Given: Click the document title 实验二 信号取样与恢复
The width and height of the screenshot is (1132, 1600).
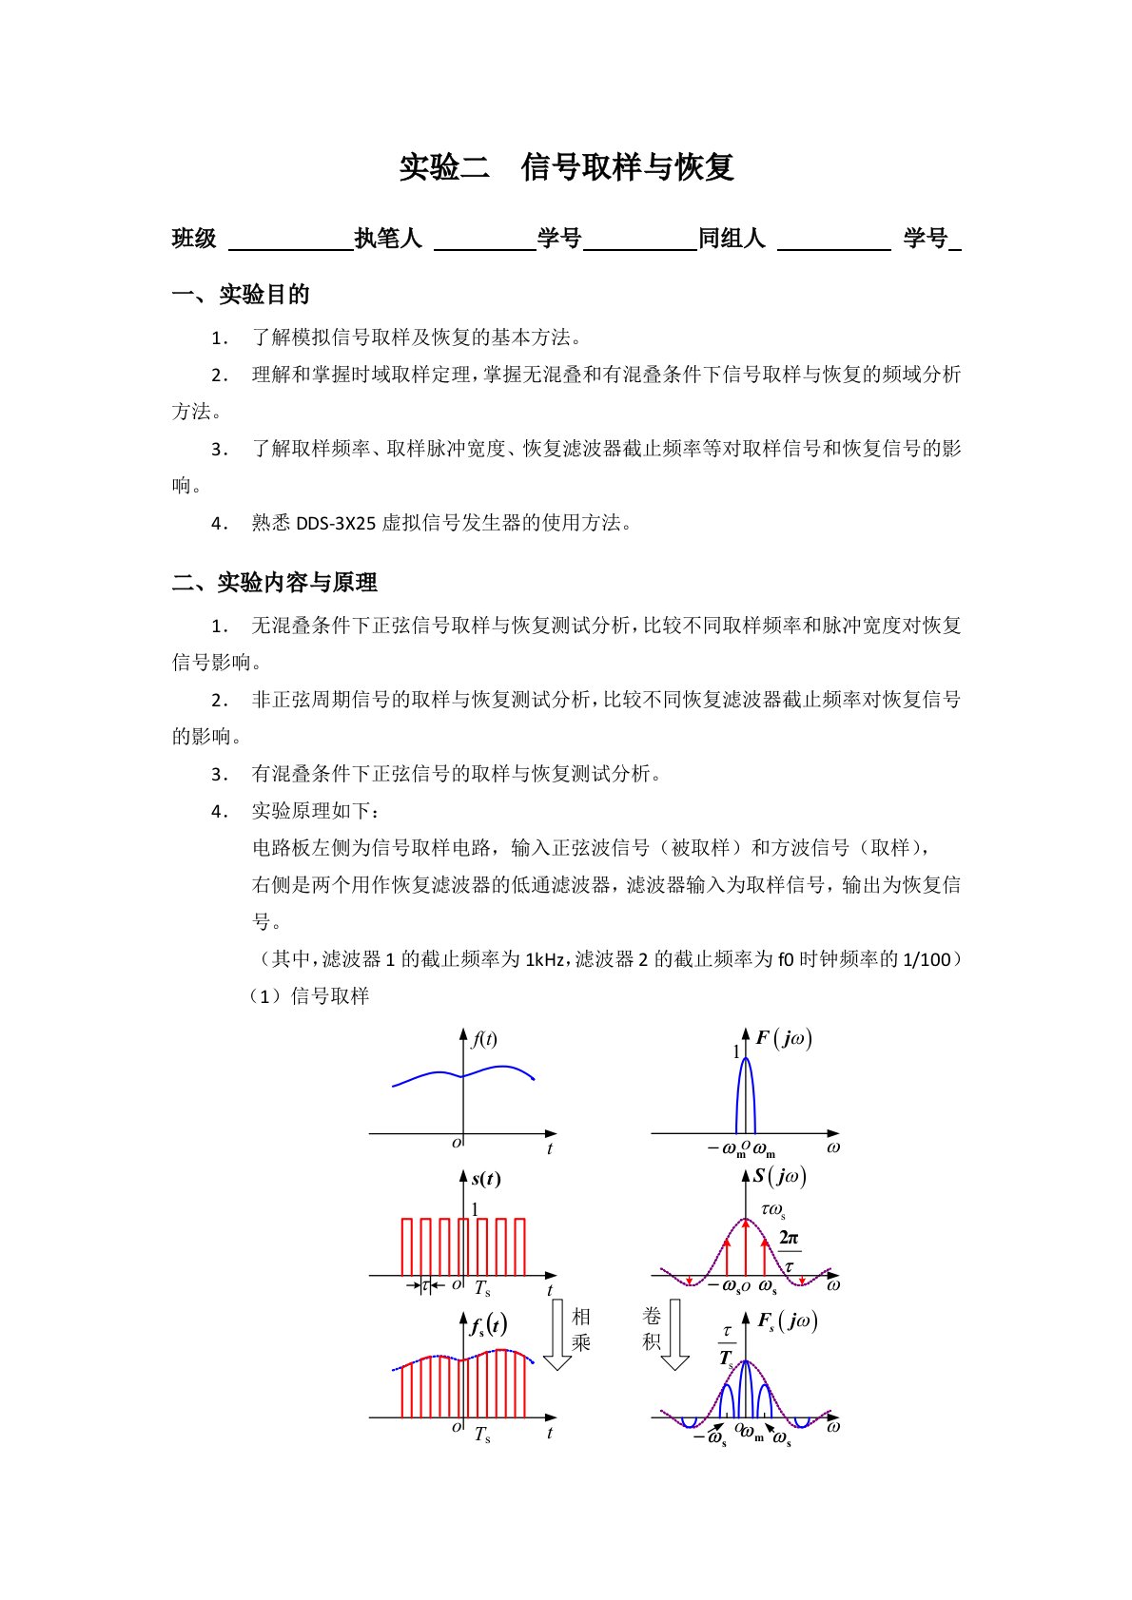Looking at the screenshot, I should click(566, 167).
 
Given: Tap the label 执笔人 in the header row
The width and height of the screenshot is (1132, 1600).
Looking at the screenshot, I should click(388, 239).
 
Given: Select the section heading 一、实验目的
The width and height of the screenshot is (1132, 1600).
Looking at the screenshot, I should click(241, 295).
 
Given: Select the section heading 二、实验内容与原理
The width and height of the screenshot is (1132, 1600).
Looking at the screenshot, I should click(274, 583).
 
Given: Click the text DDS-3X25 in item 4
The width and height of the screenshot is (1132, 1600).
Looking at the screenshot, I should click(336, 523).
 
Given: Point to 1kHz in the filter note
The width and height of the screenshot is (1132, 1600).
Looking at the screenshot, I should click(547, 959).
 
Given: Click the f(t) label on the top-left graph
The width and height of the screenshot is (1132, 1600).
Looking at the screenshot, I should click(484, 1039).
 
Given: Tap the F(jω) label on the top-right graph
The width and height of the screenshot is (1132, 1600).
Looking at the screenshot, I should click(784, 1038).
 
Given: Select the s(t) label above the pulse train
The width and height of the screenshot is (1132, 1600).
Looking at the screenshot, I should click(485, 1179).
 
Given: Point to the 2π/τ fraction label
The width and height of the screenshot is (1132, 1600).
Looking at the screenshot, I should click(789, 1252).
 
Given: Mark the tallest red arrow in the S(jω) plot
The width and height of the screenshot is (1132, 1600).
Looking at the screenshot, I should click(746, 1245).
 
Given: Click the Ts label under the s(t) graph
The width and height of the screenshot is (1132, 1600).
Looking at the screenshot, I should click(482, 1289).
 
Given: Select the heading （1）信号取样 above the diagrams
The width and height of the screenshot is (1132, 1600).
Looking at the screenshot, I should click(308, 996).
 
